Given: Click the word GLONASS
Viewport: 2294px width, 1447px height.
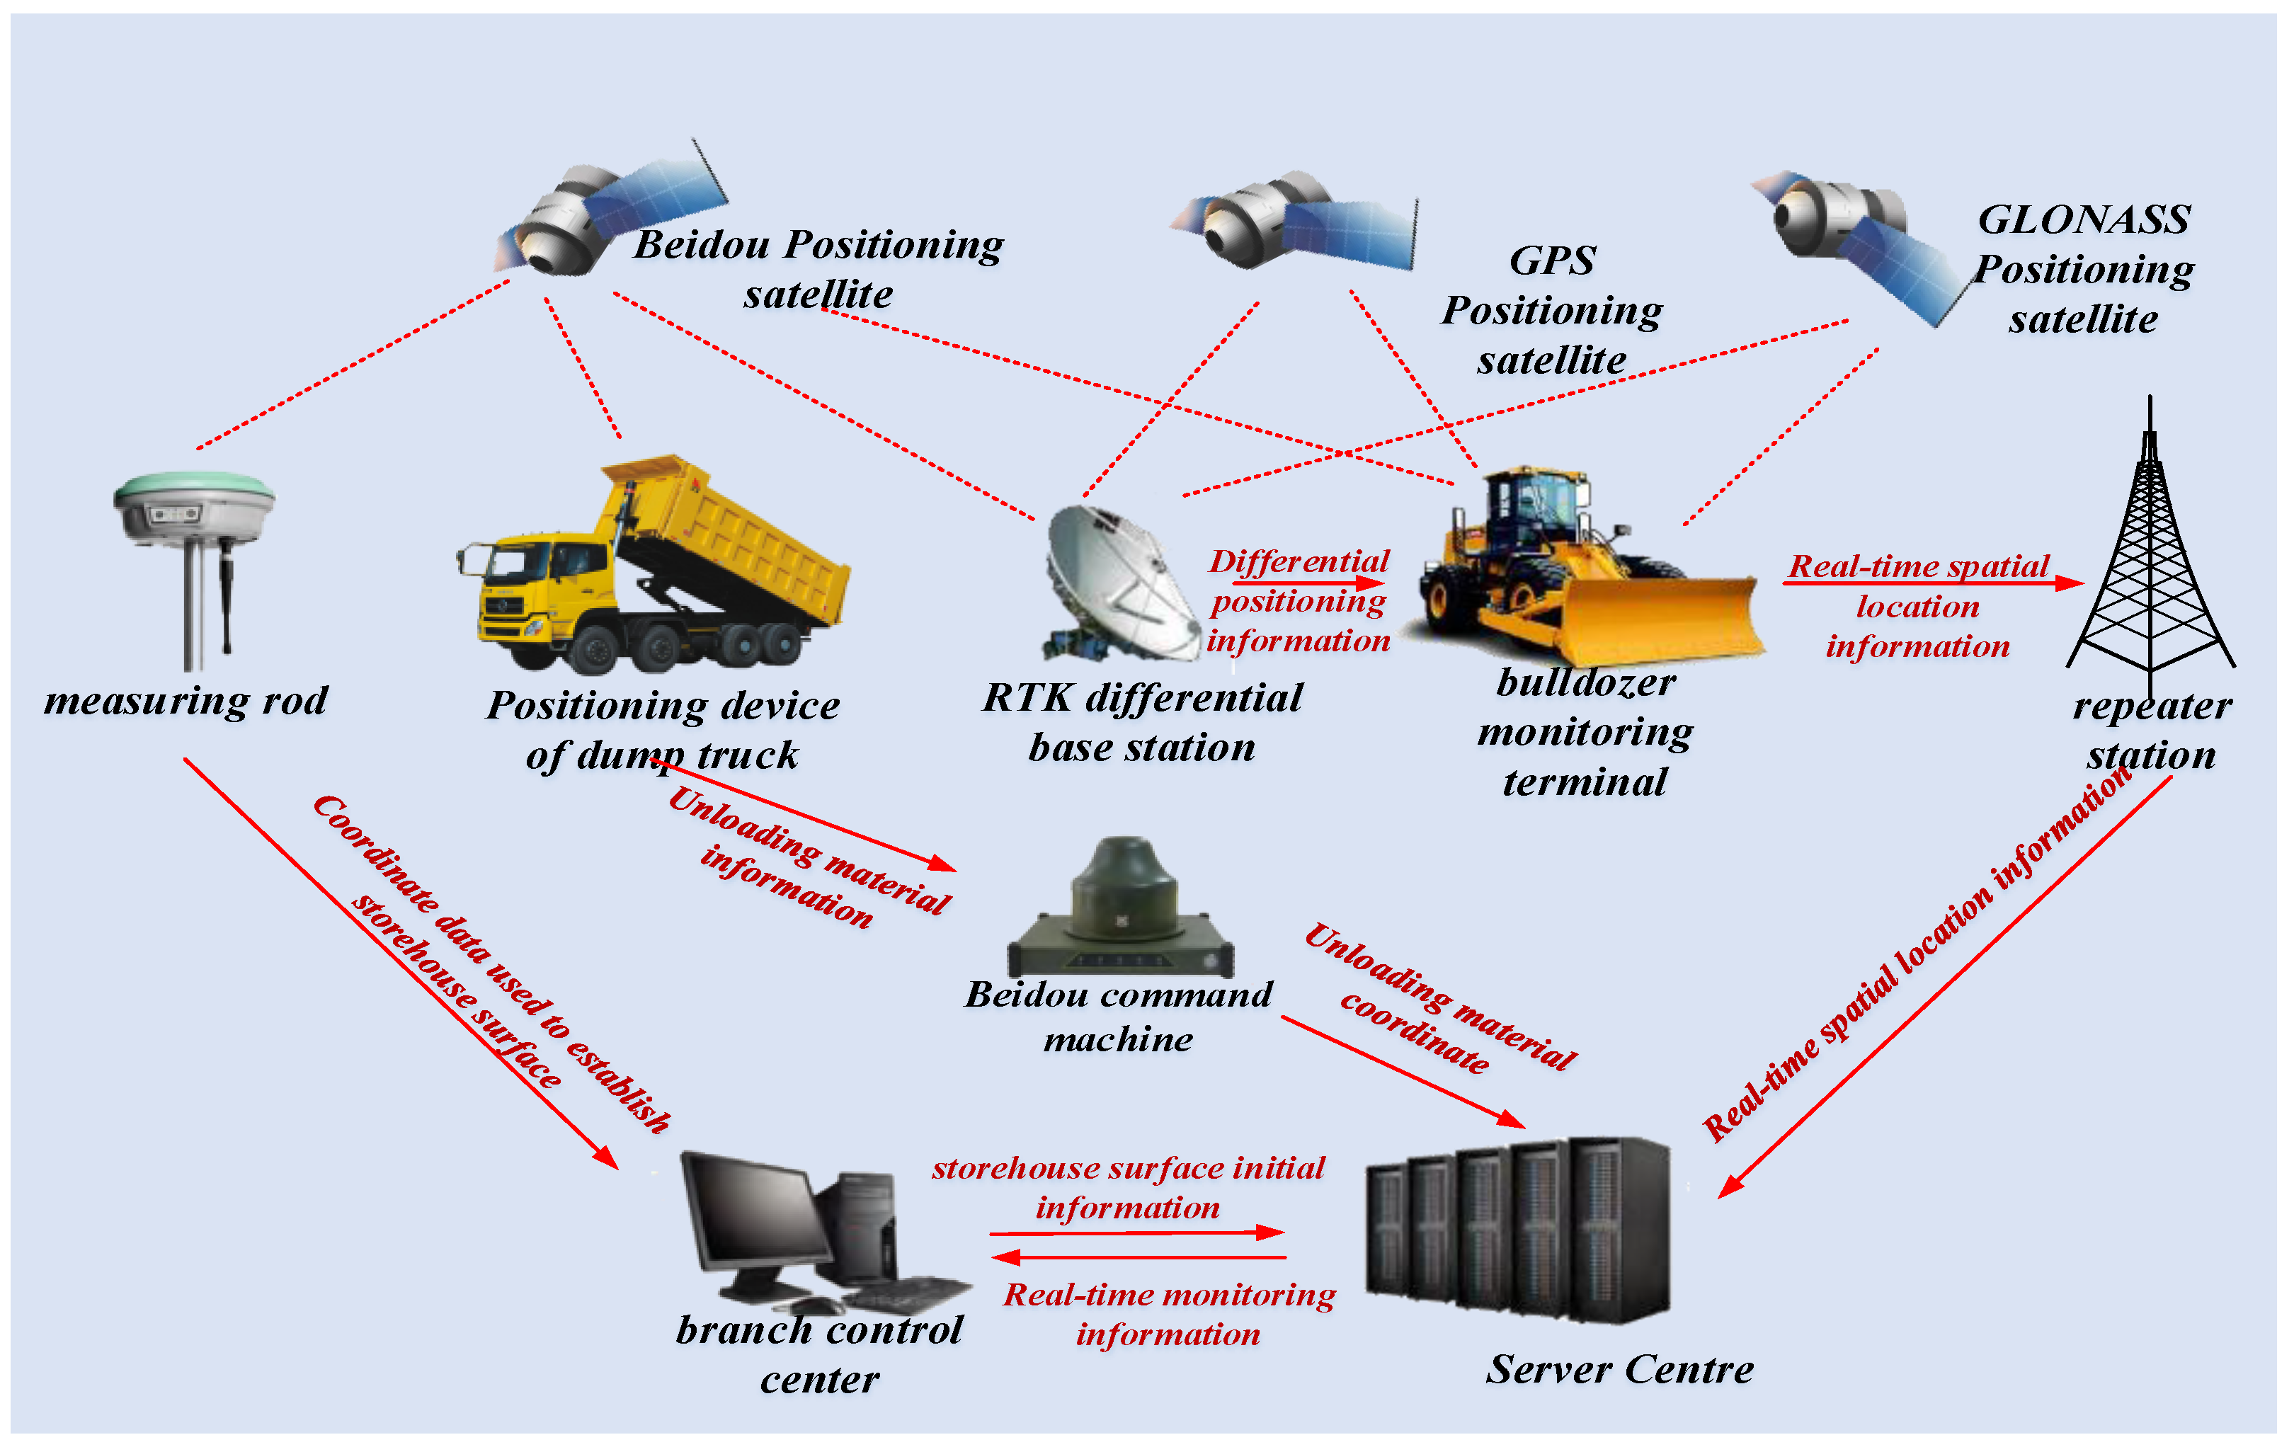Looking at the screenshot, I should click(2084, 220).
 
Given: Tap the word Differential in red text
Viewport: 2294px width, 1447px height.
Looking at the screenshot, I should click(1299, 561).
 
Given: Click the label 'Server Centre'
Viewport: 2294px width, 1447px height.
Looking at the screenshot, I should click(1619, 1370).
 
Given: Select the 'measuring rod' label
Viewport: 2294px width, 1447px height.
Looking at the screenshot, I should click(186, 701).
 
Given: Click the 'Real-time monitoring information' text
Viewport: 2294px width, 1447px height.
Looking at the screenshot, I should click(1169, 1314).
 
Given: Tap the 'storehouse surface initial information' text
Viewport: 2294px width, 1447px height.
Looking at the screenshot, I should click(1128, 1187).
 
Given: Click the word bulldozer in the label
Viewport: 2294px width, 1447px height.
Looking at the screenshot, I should click(1585, 683).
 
